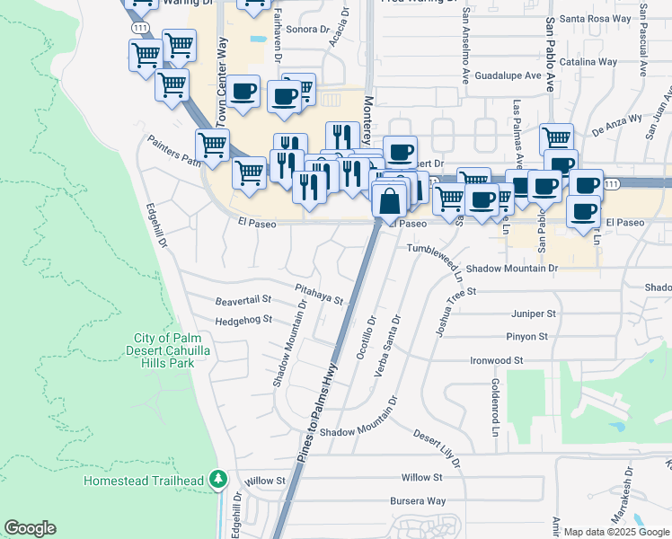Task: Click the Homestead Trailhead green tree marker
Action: (x=217, y=480)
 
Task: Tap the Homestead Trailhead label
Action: (x=144, y=481)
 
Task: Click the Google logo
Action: (x=30, y=528)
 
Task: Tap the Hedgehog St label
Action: (x=243, y=320)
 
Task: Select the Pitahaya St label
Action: (x=320, y=293)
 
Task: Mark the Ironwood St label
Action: (x=497, y=360)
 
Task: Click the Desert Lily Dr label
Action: (x=437, y=447)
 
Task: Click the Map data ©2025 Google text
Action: (x=616, y=532)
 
